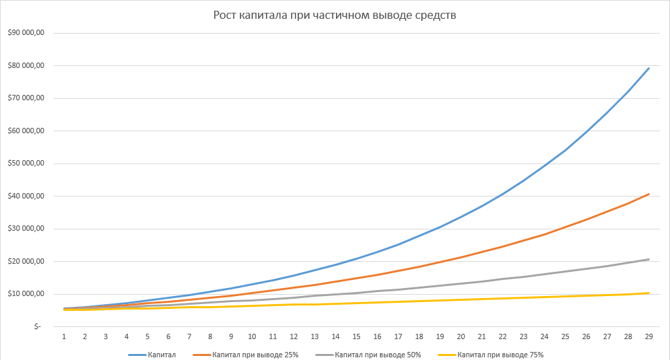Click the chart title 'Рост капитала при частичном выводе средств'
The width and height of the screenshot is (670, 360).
pos(335,15)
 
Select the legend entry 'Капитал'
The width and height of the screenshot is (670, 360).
pos(161,354)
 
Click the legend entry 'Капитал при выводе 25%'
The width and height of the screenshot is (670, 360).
pos(255,354)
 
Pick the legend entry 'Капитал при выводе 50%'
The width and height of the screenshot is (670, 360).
pos(378,354)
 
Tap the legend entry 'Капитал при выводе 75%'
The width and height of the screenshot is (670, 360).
pos(500,354)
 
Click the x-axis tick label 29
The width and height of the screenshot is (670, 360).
pos(648,336)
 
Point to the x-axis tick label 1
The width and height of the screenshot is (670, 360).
pos(64,336)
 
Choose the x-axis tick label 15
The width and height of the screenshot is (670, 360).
pos(356,336)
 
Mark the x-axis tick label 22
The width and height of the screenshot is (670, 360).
pos(502,336)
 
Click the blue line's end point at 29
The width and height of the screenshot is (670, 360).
pos(648,68)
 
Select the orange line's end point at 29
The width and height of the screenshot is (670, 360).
pos(648,194)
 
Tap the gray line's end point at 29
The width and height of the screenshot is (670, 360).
pos(648,259)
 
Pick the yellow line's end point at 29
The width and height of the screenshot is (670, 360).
pos(648,293)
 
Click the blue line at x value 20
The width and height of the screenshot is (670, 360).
pos(461,217)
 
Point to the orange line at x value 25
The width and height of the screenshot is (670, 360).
pos(565,227)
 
